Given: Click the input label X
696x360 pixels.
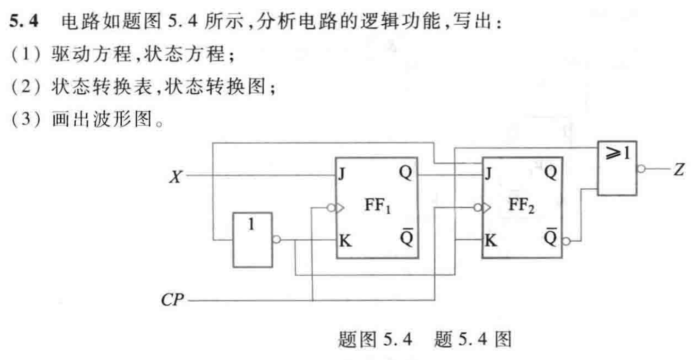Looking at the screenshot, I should click(175, 177).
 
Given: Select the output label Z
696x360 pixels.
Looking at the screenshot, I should click(678, 169).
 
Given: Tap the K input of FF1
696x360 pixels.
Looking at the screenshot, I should click(345, 240).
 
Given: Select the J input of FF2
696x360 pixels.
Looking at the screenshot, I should click(488, 174).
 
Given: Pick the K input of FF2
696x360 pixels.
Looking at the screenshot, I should click(490, 240).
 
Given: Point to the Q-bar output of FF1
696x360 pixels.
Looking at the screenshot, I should click(406, 238).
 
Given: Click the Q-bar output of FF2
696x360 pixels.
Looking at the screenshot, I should click(551, 238).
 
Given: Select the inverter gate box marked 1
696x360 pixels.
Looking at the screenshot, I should click(252, 239).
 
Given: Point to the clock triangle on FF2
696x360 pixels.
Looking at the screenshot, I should click(485, 208).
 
